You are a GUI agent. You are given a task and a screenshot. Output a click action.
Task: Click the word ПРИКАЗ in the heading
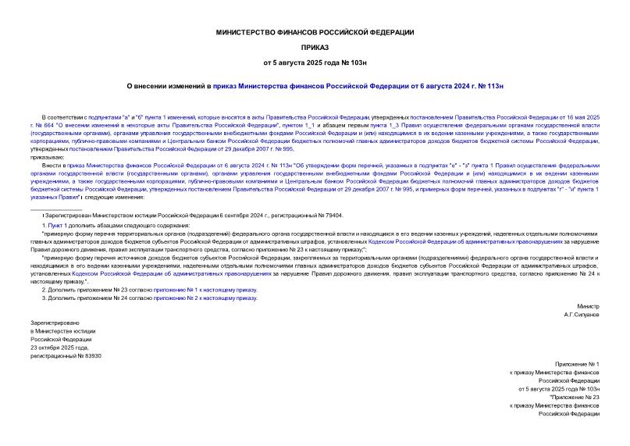pyautogui.click(x=315, y=46)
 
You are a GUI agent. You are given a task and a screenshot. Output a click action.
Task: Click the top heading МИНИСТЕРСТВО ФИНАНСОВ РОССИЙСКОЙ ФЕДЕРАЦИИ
pyautogui.click(x=315, y=32)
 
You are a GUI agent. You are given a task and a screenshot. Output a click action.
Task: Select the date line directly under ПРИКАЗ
pyautogui.click(x=315, y=61)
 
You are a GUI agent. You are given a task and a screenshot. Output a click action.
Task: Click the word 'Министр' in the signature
pyautogui.click(x=588, y=306)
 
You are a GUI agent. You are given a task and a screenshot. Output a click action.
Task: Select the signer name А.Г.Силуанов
pyautogui.click(x=581, y=314)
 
